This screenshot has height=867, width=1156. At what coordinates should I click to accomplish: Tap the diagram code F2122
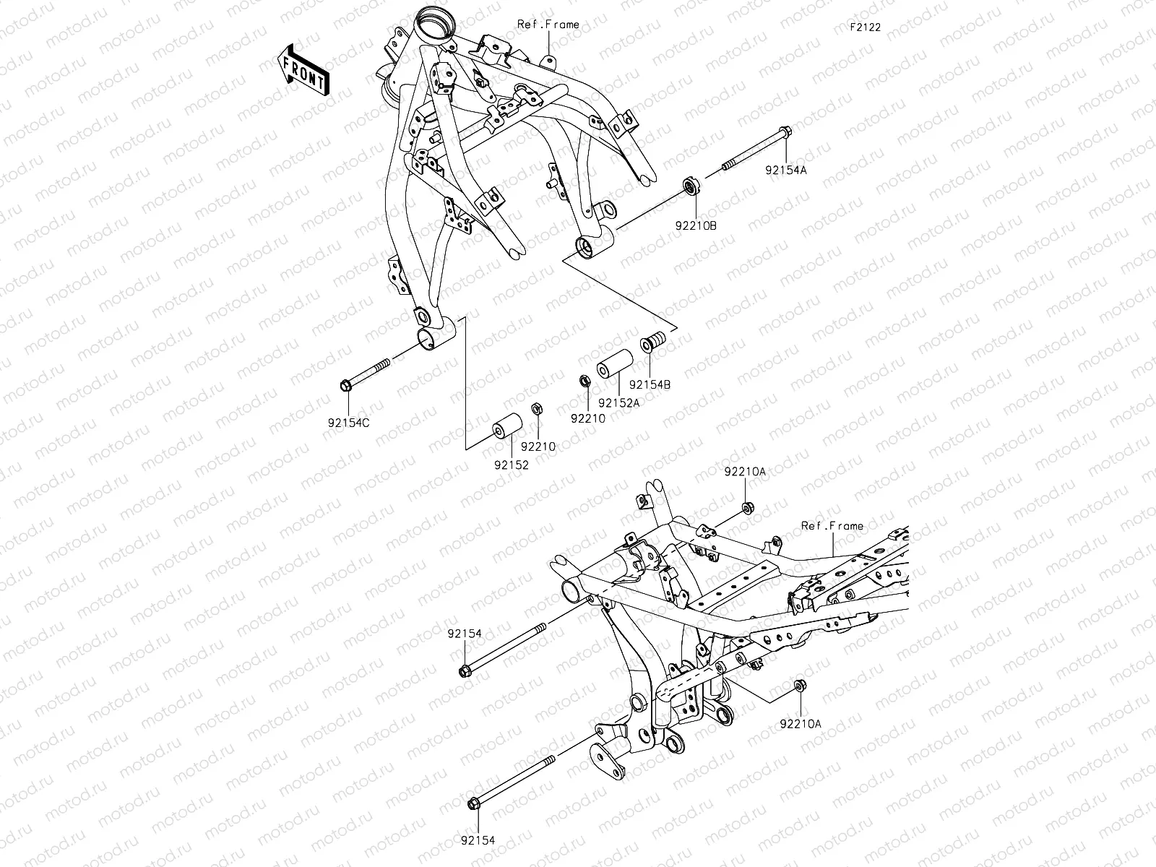(x=865, y=27)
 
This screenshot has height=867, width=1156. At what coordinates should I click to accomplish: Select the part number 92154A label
(x=787, y=171)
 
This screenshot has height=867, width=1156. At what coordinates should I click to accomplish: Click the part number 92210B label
(x=696, y=225)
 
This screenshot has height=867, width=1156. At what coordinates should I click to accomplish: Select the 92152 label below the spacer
(x=512, y=465)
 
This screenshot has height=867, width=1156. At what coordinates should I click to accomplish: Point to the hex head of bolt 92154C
(x=345, y=385)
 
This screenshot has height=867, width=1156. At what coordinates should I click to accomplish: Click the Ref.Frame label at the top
(x=548, y=25)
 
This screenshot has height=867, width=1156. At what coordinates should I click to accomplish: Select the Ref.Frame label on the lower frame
(x=832, y=526)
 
